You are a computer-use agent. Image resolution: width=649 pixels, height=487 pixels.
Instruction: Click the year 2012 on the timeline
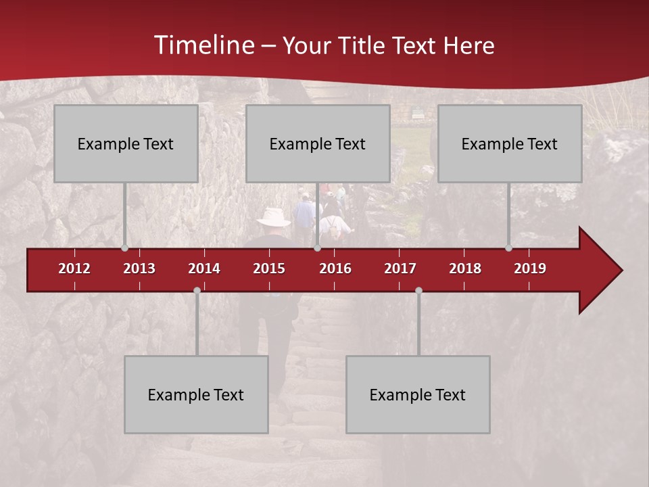pyautogui.click(x=74, y=269)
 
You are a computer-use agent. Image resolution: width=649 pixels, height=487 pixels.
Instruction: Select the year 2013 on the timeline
pyautogui.click(x=139, y=269)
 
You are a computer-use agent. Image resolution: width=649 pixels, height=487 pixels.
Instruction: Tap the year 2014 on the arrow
pyautogui.click(x=204, y=269)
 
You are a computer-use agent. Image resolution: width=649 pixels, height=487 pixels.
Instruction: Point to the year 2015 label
pyautogui.click(x=269, y=269)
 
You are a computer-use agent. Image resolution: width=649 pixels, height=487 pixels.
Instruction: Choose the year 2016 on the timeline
pyautogui.click(x=335, y=269)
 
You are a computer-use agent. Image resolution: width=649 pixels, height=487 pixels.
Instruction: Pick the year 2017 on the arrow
pyautogui.click(x=400, y=269)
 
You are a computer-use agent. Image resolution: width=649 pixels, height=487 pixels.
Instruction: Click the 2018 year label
pyautogui.click(x=465, y=269)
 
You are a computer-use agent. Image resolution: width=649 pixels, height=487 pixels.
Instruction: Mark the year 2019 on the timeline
pyautogui.click(x=530, y=269)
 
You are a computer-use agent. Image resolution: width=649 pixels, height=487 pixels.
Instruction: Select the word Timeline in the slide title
pyautogui.click(x=203, y=45)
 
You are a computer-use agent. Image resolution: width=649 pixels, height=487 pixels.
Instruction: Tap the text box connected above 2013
pyautogui.click(x=126, y=143)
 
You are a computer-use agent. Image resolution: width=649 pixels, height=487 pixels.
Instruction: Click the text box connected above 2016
pyautogui.click(x=318, y=143)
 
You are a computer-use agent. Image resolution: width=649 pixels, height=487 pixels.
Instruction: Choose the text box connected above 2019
pyautogui.click(x=510, y=143)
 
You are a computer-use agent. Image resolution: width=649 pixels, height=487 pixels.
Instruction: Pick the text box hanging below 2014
pyautogui.click(x=196, y=394)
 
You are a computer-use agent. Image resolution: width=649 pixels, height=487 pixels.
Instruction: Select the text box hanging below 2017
pyautogui.click(x=418, y=394)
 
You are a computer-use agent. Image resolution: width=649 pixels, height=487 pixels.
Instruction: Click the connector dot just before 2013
pyautogui.click(x=124, y=248)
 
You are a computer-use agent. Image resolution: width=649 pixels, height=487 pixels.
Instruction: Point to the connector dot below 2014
pyautogui.click(x=197, y=290)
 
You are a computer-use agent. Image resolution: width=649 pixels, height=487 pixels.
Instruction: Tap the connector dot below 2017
pyautogui.click(x=418, y=290)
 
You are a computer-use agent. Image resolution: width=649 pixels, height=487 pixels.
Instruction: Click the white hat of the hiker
pyautogui.click(x=274, y=216)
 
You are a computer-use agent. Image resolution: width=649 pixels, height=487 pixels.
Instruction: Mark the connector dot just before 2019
pyautogui.click(x=508, y=248)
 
